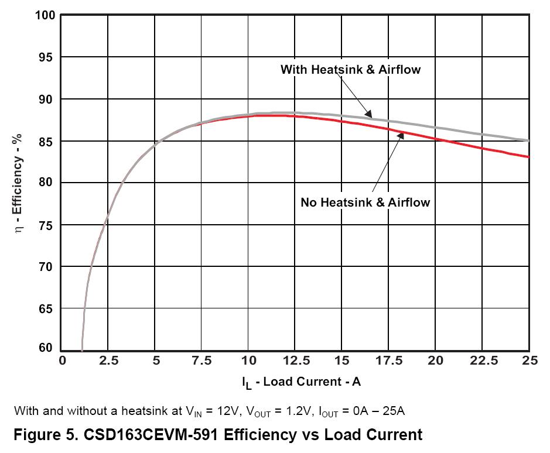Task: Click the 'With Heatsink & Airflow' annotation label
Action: tap(350, 70)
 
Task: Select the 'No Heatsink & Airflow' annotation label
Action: tap(365, 203)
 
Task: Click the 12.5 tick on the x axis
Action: tap(295, 361)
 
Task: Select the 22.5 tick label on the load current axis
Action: tap(481, 361)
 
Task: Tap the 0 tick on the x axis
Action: tap(63, 361)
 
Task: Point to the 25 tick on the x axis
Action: tap(528, 361)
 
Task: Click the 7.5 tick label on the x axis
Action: tap(201, 361)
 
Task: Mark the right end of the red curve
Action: tap(528, 157)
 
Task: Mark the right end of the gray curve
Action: tap(528, 140)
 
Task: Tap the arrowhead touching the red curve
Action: tap(402, 135)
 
